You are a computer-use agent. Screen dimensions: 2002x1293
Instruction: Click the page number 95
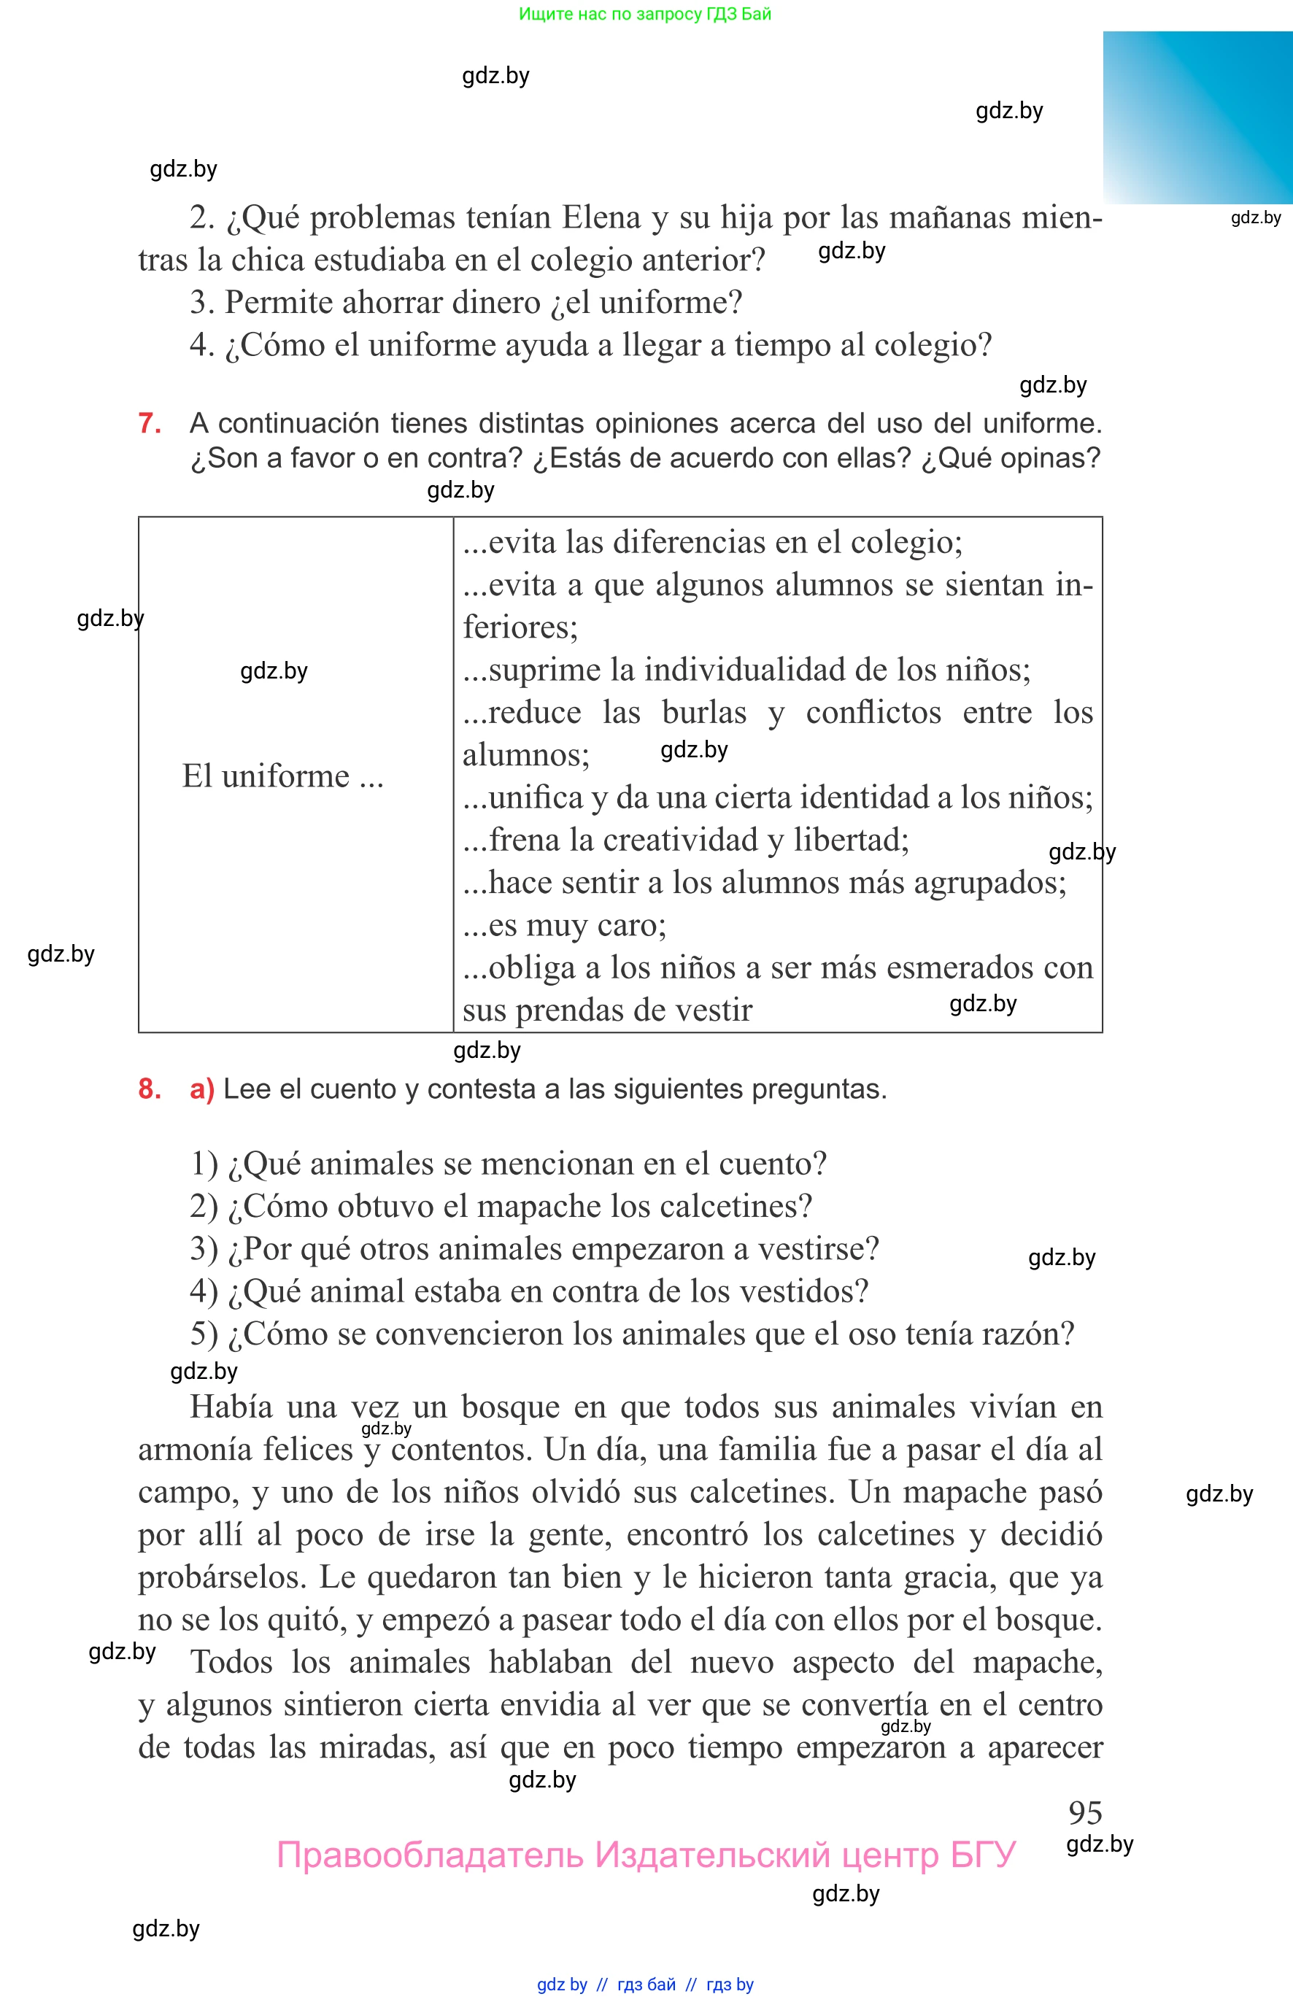tap(1085, 1812)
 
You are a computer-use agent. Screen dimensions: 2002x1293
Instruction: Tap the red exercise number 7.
tap(150, 423)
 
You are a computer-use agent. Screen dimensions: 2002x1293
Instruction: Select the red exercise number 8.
tap(150, 1089)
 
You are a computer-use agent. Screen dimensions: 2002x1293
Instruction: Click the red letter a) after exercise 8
tap(201, 1089)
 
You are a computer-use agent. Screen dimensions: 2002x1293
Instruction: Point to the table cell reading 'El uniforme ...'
tap(283, 776)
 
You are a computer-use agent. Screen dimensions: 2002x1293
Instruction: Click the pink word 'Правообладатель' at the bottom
tap(429, 1855)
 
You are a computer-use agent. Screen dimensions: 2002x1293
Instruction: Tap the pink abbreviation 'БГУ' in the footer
tap(983, 1855)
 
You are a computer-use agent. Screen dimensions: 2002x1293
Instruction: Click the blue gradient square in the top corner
tap(1197, 117)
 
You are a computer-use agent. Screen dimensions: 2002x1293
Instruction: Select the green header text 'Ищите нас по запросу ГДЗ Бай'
tap(645, 13)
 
